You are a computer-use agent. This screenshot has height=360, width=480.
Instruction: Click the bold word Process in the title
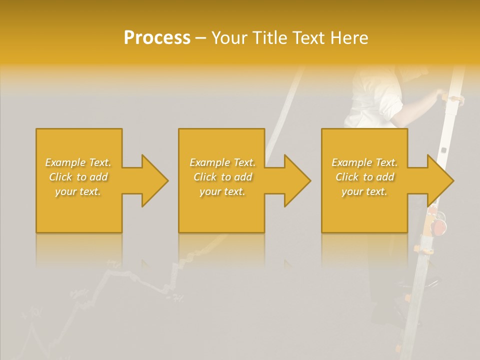pyautogui.click(x=157, y=37)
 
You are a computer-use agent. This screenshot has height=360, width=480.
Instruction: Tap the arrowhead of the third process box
pyautogui.click(x=440, y=180)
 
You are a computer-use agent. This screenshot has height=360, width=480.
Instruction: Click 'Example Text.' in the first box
pyautogui.click(x=78, y=162)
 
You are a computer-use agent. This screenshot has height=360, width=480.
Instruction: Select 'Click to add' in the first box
pyautogui.click(x=78, y=177)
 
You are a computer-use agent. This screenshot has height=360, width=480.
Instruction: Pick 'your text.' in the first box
pyautogui.click(x=78, y=191)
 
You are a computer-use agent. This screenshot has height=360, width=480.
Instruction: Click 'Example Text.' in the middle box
pyautogui.click(x=222, y=162)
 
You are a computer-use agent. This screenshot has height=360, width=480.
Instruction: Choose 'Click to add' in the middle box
pyautogui.click(x=222, y=177)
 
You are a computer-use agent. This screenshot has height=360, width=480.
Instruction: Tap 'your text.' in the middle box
pyautogui.click(x=222, y=191)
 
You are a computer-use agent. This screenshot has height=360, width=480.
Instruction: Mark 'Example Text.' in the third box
pyautogui.click(x=364, y=162)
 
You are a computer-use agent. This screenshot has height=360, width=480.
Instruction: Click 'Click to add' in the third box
pyautogui.click(x=364, y=177)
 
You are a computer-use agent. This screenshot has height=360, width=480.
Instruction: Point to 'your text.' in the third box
pyautogui.click(x=364, y=191)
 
